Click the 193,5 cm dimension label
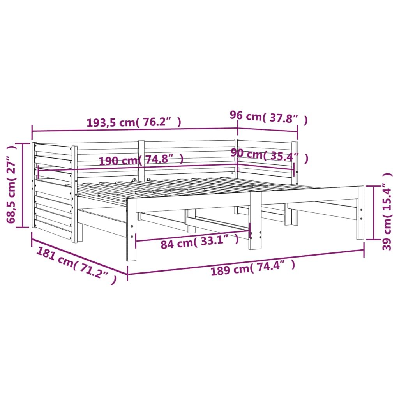[x=133, y=122]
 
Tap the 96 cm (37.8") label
[x=268, y=118]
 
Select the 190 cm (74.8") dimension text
[x=141, y=160]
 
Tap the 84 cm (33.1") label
[x=199, y=243]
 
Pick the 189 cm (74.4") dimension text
[x=253, y=268]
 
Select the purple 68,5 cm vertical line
[x=22, y=185]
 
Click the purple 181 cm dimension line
[x=79, y=257]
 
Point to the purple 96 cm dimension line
[x=267, y=131]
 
